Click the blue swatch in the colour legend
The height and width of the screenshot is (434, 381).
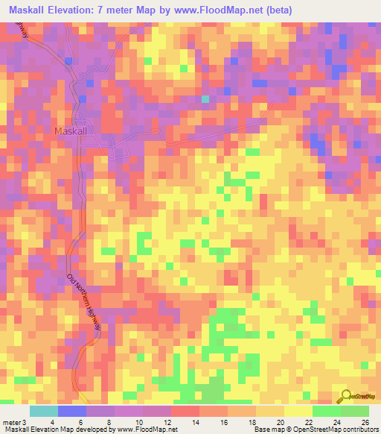tap(72, 411)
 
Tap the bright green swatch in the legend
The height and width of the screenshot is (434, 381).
tap(327, 411)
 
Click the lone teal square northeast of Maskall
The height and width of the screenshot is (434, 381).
tap(205, 98)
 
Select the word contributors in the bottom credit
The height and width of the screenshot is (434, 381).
tap(356, 430)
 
